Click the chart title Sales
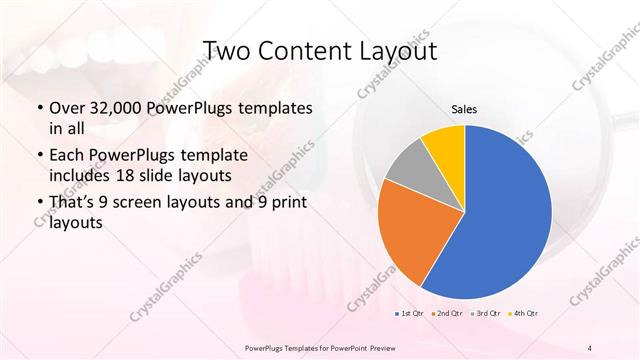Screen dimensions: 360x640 pyautogui.click(x=464, y=108)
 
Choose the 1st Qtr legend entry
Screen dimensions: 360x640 pyautogui.click(x=410, y=314)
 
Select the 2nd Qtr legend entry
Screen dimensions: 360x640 pyautogui.click(x=447, y=314)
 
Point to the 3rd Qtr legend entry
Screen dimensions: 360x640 pyautogui.click(x=484, y=314)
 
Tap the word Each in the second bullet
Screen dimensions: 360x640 pyautogui.click(x=67, y=156)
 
